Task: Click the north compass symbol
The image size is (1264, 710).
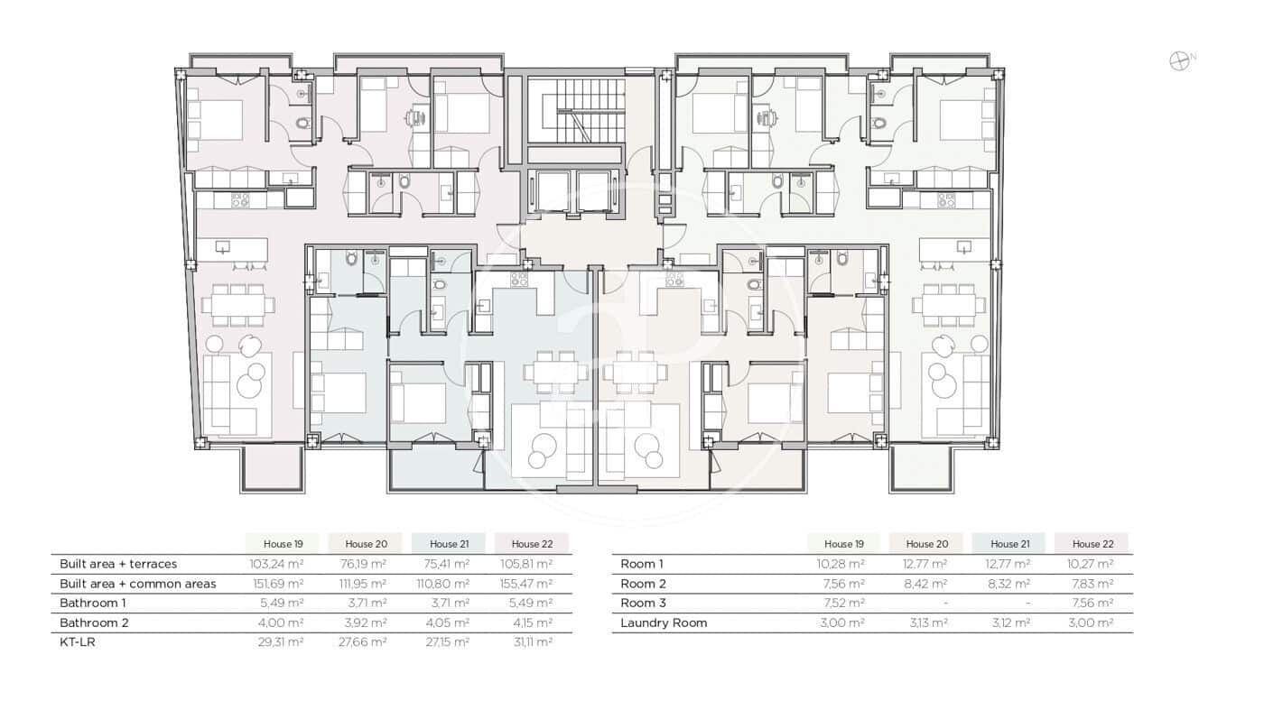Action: pyautogui.click(x=1179, y=61)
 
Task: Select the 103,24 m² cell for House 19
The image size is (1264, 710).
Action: pyautogui.click(x=277, y=564)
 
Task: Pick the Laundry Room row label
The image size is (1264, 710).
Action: pyautogui.click(x=664, y=622)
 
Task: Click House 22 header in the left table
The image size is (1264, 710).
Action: pyautogui.click(x=532, y=544)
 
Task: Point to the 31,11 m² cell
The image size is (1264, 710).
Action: pyautogui.click(x=532, y=642)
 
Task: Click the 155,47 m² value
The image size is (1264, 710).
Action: pyautogui.click(x=532, y=584)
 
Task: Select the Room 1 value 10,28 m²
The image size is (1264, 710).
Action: pyautogui.click(x=839, y=564)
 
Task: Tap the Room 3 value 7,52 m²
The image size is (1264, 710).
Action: pyautogui.click(x=839, y=603)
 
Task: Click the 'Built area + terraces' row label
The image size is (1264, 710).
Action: pyautogui.click(x=118, y=564)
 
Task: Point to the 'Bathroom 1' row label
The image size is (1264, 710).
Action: pyautogui.click(x=93, y=603)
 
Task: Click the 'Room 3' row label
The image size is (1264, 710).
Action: pyautogui.click(x=643, y=603)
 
